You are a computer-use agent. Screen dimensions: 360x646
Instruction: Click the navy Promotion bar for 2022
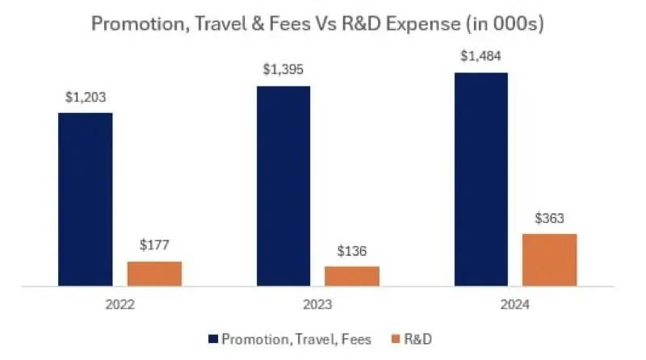86,199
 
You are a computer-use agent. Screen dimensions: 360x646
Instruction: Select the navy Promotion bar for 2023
283,186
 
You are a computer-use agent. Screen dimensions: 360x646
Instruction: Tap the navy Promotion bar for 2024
481,179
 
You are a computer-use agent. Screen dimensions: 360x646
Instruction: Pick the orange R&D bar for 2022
154,274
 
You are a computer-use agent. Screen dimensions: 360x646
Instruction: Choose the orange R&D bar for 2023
352,276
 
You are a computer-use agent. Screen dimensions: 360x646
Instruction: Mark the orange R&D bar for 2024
550,260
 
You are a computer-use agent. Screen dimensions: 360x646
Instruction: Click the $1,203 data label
86,98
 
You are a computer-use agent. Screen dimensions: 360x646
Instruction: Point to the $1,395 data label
283,70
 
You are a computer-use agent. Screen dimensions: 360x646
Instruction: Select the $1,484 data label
481,57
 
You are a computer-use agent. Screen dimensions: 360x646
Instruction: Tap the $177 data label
154,246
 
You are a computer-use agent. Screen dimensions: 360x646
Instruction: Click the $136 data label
352,251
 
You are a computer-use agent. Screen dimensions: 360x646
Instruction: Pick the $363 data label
550,218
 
